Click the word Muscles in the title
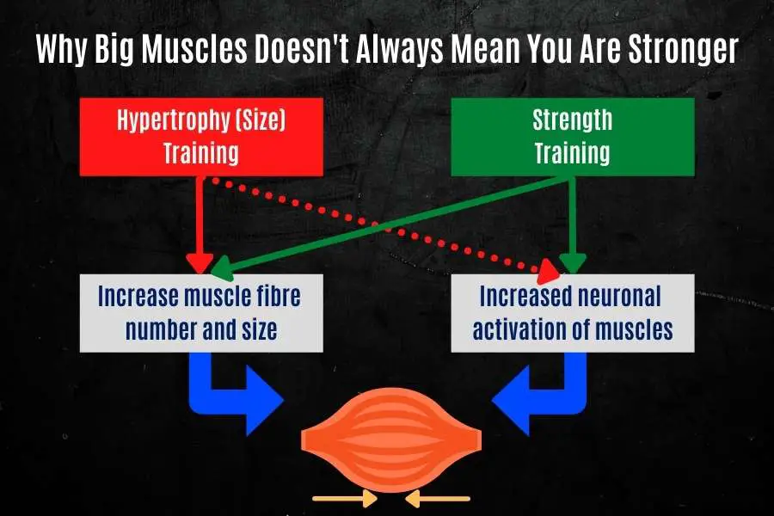tap(194, 49)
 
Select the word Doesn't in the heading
tap(301, 49)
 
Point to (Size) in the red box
tap(261, 120)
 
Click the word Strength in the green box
tap(572, 120)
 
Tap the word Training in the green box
tap(572, 152)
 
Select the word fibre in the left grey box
tap(279, 296)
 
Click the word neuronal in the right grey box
tap(619, 296)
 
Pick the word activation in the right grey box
tap(519, 329)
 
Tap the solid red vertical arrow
tap(200, 224)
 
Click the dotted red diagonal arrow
tap(385, 225)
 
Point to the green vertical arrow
tap(572, 225)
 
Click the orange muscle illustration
tap(391, 439)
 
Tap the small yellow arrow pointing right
tap(346, 499)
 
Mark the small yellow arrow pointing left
tap(438, 499)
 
